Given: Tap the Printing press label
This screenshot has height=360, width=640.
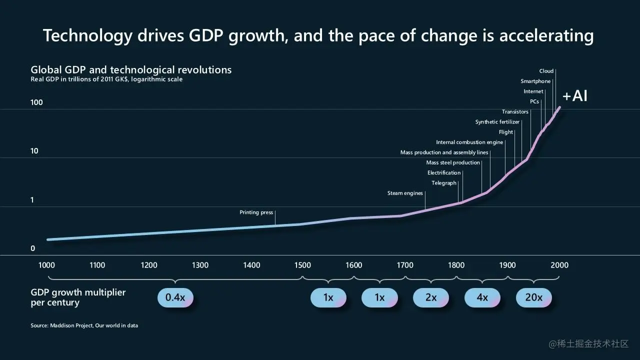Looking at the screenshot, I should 256,212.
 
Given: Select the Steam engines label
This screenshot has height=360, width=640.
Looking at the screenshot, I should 405,193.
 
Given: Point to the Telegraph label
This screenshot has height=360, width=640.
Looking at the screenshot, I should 444,183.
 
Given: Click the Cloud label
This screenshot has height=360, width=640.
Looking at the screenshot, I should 546,71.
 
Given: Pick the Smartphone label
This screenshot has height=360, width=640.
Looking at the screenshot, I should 535,81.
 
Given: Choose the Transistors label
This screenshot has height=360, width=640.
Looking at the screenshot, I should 515,112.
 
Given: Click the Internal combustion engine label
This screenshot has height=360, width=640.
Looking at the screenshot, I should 469,142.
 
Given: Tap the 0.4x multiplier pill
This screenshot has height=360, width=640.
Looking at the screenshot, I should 175,297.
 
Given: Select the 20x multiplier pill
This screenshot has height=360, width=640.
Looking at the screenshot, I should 533,297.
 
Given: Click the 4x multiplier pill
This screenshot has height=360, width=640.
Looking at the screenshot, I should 482,297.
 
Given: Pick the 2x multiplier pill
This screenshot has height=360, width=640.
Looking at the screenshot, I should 430,297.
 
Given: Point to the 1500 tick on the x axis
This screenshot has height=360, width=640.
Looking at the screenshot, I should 302,265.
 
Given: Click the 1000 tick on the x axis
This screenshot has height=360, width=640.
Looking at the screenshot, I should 46,265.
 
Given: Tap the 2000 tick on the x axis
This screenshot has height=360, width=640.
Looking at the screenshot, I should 559,265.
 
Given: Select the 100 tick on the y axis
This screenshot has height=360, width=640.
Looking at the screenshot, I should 36,102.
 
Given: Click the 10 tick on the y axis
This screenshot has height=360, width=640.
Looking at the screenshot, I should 34,151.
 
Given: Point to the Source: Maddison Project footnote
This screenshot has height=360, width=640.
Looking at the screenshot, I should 84,325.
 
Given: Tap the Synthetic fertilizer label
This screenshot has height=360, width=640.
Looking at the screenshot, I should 497,122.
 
